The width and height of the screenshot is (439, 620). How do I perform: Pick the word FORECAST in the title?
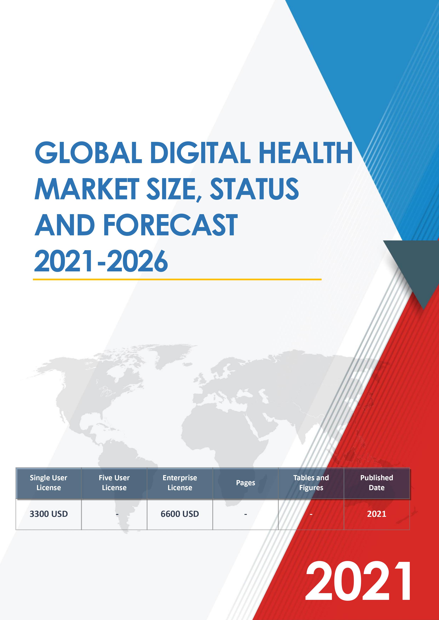pyautogui.click(x=170, y=225)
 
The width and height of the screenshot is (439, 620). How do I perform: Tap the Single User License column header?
pyautogui.click(x=49, y=483)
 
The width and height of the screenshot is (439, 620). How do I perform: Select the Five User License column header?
pyautogui.click(x=114, y=483)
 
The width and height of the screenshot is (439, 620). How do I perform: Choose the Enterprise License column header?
pyautogui.click(x=180, y=483)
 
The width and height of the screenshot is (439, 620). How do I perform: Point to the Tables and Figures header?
pyautogui.click(x=311, y=483)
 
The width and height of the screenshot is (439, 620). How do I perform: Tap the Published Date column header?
pyautogui.click(x=377, y=483)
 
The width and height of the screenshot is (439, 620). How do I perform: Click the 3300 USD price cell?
pyautogui.click(x=49, y=514)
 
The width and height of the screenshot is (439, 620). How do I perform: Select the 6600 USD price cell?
pyautogui.click(x=180, y=514)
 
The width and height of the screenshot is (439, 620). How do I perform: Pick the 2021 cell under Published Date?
pyautogui.click(x=377, y=514)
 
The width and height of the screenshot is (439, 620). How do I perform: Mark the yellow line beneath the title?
pyautogui.click(x=177, y=279)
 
